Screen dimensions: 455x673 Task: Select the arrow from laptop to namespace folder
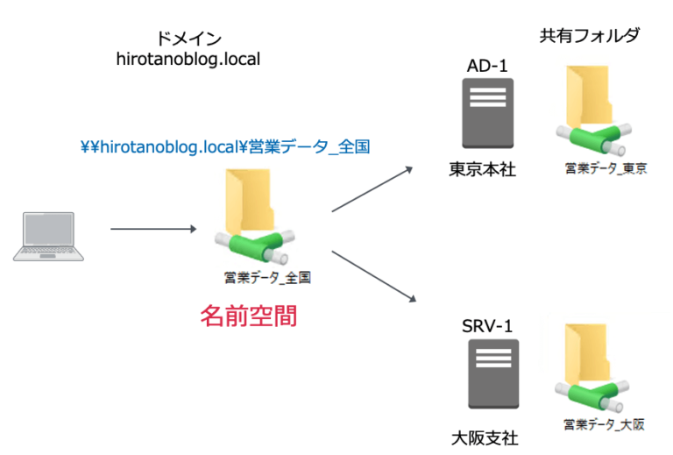click(152, 230)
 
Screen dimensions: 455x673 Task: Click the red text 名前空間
click(249, 316)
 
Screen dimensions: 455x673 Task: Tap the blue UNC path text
click(224, 146)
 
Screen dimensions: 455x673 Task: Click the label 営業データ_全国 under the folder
click(268, 278)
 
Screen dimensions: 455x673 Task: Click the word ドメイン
click(188, 39)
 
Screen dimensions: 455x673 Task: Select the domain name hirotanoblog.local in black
click(188, 59)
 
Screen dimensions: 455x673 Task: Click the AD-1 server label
click(487, 66)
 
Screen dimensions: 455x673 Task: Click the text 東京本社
click(482, 169)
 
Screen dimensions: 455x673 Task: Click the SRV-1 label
click(487, 327)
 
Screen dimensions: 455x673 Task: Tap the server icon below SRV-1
click(487, 372)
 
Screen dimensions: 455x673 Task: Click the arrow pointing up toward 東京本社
click(372, 189)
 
